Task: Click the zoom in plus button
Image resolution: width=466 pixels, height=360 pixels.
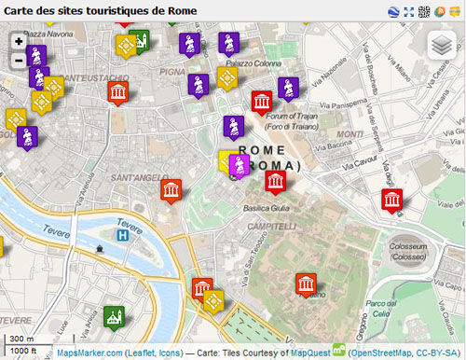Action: tap(19, 42)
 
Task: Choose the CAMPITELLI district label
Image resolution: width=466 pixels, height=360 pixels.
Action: tap(271, 227)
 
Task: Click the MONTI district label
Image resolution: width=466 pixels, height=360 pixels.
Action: tap(350, 134)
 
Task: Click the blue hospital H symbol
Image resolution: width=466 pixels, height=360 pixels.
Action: tap(122, 236)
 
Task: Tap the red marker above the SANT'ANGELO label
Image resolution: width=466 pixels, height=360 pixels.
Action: tap(171, 190)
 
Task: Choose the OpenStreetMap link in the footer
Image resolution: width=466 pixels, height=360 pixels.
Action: tap(382, 352)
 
